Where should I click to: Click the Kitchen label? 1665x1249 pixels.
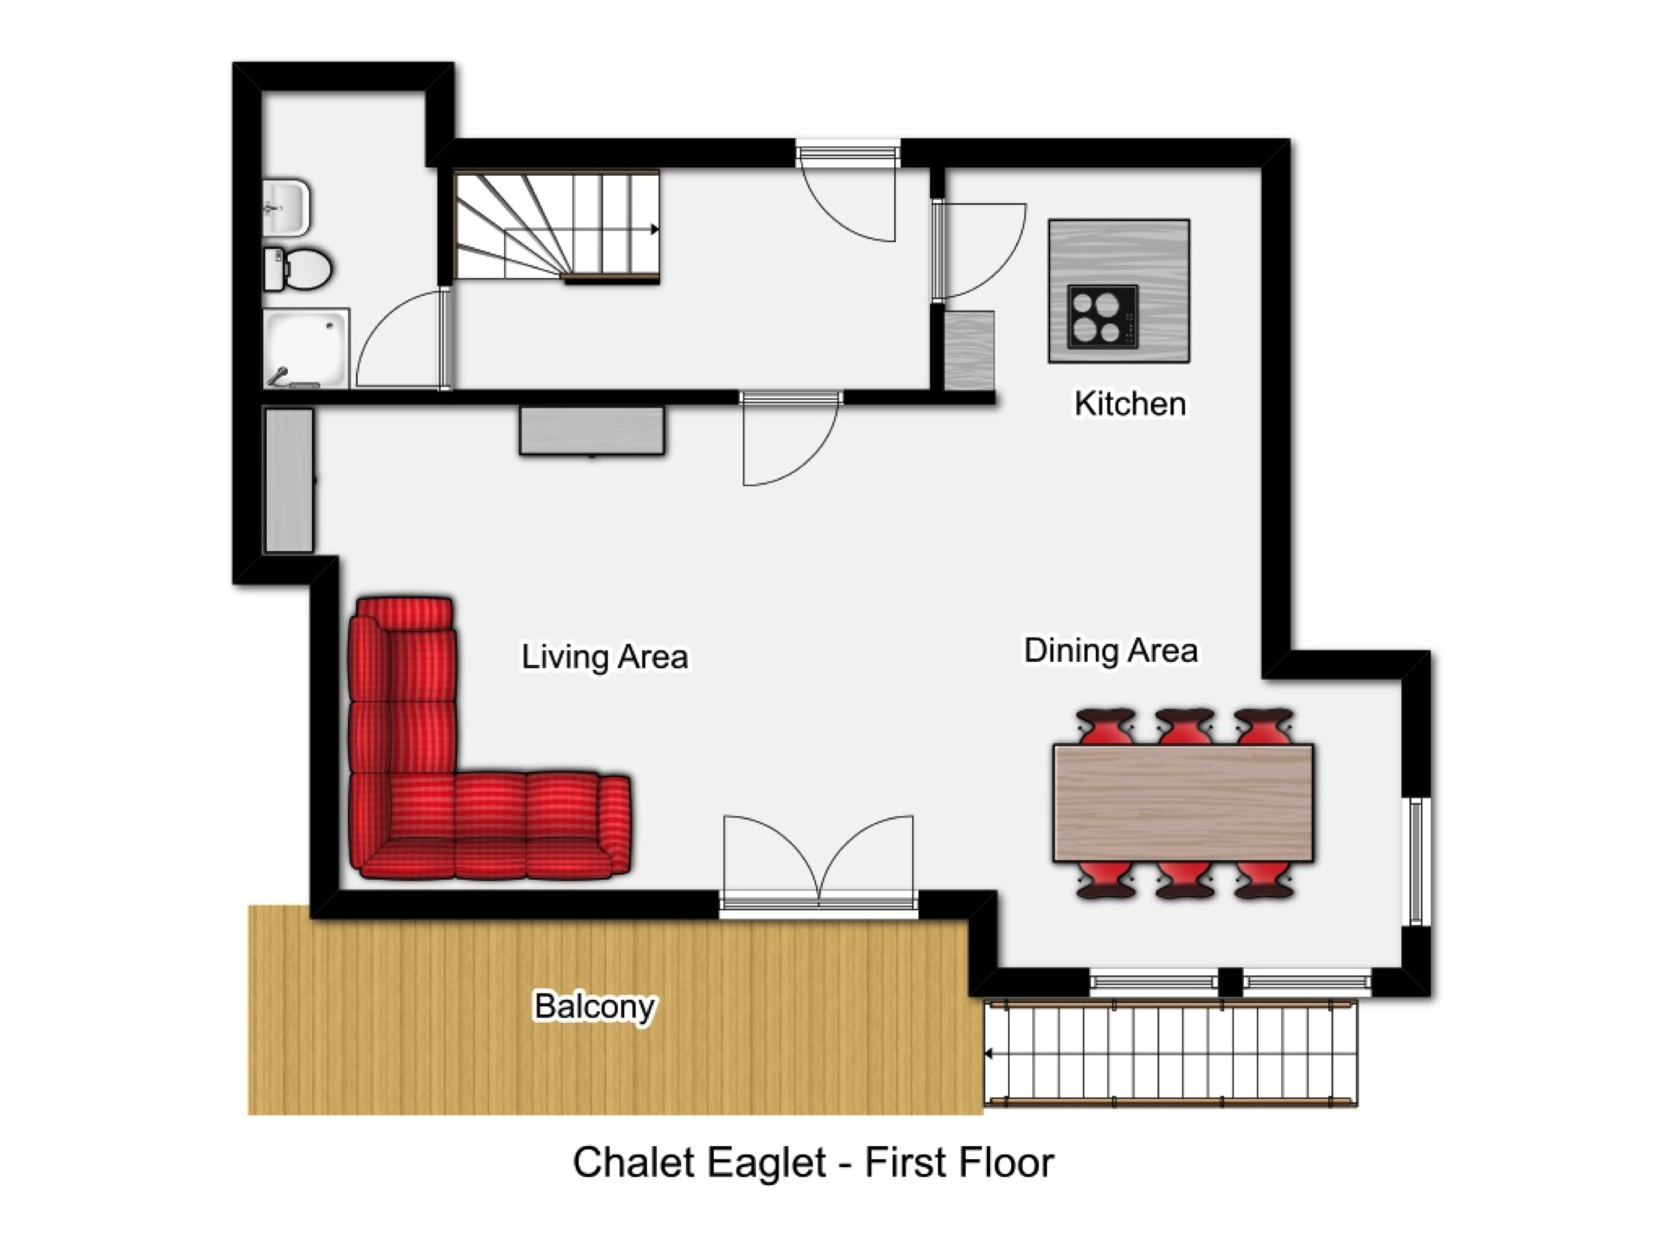(x=1130, y=404)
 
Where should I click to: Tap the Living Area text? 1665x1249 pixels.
(x=605, y=657)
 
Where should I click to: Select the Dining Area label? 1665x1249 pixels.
(x=1110, y=650)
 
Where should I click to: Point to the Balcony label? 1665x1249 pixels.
(x=595, y=1007)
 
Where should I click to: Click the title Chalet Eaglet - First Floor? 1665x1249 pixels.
(x=813, y=1162)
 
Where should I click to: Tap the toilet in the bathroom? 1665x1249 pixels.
(x=298, y=269)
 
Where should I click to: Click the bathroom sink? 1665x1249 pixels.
(x=286, y=208)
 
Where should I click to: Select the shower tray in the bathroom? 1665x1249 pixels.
(x=306, y=349)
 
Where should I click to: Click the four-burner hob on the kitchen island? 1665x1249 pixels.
(x=1102, y=316)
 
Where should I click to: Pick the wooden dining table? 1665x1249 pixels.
(x=1183, y=803)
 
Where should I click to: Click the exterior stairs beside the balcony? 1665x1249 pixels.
(x=1170, y=1053)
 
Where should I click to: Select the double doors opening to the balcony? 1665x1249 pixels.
(x=818, y=863)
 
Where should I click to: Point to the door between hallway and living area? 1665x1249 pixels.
(x=790, y=439)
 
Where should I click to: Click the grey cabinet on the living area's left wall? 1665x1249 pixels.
(x=289, y=481)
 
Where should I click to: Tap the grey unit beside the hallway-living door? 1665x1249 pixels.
(x=592, y=430)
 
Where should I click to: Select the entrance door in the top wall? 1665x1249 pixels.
(x=848, y=192)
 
